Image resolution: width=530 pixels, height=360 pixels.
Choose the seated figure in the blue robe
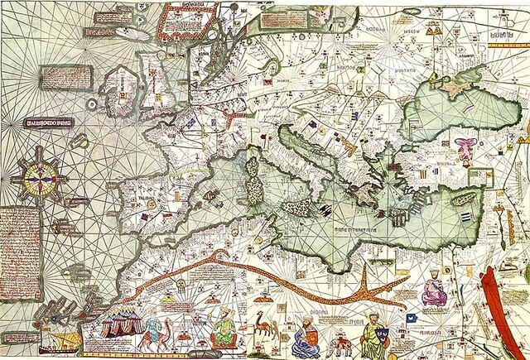point(307,335)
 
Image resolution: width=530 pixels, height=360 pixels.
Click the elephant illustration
point(340,341)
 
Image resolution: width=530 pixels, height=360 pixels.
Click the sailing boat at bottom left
point(62,339)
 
